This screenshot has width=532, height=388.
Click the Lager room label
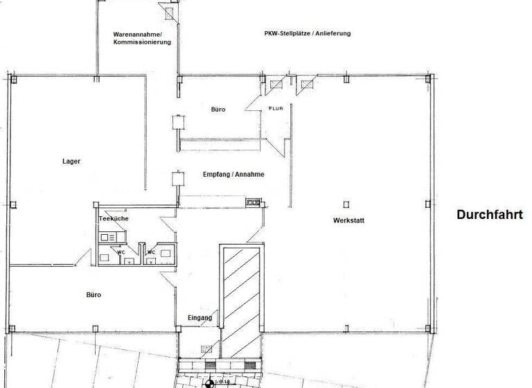71,161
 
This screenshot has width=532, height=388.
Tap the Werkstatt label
348,221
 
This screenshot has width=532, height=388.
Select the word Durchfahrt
489,215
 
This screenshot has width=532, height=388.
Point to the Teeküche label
114,218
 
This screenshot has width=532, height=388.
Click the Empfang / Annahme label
233,175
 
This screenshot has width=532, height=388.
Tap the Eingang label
199,318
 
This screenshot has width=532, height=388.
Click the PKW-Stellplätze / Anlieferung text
307,33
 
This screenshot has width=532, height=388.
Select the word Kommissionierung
142,42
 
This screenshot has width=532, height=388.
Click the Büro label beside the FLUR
219,109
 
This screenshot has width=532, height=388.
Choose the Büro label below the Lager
94,294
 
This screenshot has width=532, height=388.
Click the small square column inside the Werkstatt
346,204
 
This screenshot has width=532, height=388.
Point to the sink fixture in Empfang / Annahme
253,202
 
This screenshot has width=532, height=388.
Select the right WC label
151,252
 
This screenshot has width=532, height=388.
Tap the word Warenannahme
137,34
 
